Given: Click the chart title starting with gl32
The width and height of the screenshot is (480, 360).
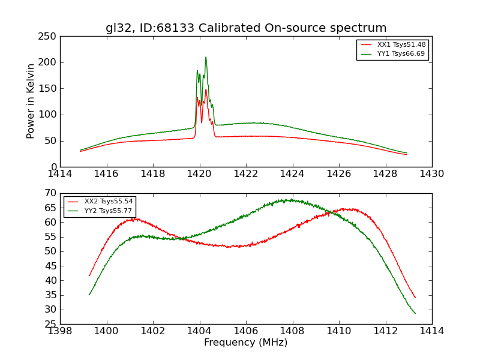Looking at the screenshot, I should coord(246,28).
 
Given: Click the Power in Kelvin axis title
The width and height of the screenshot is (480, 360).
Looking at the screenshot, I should coord(31,101).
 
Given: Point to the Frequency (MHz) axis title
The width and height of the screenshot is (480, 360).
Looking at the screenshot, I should coord(246,343).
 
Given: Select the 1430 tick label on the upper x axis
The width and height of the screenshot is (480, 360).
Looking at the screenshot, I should coord(431,174).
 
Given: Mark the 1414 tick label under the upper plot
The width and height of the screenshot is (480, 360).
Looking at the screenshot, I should coord(61,174).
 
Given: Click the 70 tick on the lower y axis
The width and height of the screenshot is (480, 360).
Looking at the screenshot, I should coord(50,193).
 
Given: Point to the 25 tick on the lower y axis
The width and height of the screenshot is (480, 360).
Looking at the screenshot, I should coord(50,324).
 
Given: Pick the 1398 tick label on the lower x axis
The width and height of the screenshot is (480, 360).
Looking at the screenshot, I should coord(61,331).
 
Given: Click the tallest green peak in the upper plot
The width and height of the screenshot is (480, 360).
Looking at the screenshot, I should coord(206,58).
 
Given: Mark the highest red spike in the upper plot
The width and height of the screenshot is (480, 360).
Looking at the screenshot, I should coord(206,89).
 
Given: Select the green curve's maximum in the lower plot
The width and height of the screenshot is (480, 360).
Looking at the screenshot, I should coord(291,200).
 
